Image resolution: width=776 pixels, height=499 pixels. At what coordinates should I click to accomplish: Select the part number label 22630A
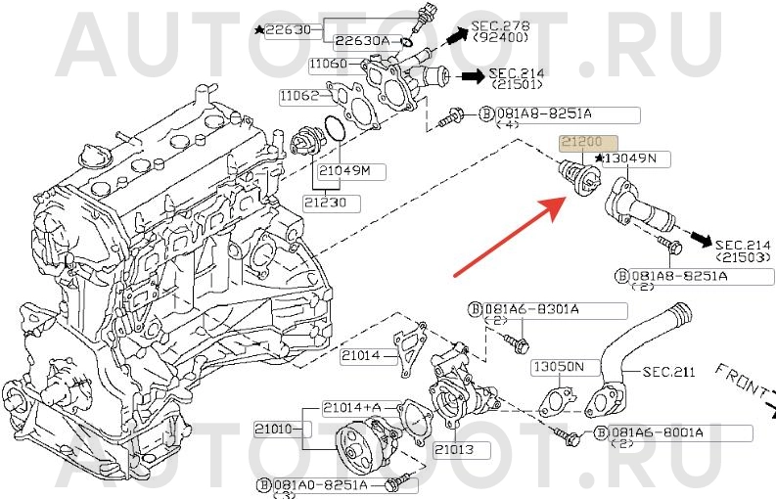coord(361,41)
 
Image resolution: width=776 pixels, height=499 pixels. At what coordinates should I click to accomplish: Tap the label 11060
coord(327,65)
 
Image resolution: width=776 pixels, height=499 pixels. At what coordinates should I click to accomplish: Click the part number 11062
coord(298,96)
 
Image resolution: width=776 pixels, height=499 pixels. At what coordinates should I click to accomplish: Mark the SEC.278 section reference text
coord(500,24)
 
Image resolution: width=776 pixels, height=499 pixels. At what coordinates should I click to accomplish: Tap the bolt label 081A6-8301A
coord(539,309)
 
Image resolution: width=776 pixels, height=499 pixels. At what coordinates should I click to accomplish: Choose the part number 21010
coord(275,428)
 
